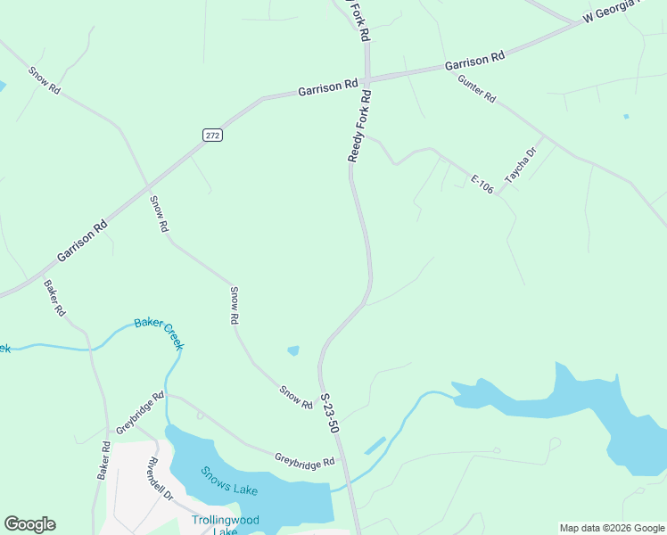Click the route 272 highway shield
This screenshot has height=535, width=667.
pyautogui.click(x=211, y=135)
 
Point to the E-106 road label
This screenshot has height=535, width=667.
pyautogui.click(x=482, y=185)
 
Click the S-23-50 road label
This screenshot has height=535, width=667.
pyautogui.click(x=330, y=414)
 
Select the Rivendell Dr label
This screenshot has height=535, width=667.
pyautogui.click(x=161, y=478)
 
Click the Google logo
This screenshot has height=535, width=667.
pyautogui.click(x=29, y=524)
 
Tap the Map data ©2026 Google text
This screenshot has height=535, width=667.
pyautogui.click(x=613, y=528)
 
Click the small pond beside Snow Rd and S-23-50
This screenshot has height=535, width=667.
pyautogui.click(x=293, y=350)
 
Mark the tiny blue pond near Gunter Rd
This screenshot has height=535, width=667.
pyautogui.click(x=627, y=116)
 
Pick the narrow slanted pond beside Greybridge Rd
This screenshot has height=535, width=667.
pyautogui.click(x=375, y=444)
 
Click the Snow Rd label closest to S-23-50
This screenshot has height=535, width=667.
pyautogui.click(x=296, y=398)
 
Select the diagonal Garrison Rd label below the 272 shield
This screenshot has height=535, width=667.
pyautogui.click(x=82, y=241)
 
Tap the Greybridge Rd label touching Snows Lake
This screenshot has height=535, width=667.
pyautogui.click(x=304, y=460)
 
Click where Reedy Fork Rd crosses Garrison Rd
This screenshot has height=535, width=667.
pyautogui.click(x=366, y=78)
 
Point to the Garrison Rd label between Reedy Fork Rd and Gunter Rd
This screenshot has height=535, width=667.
pyautogui.click(x=474, y=61)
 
